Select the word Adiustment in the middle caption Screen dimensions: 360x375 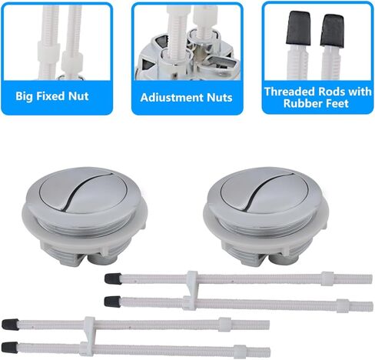point(163,98)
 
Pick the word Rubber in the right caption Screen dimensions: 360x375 point(302,104)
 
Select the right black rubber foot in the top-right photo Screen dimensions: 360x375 point(333,30)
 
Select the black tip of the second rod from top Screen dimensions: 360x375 point(111,299)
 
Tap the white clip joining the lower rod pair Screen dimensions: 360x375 point(88,334)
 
